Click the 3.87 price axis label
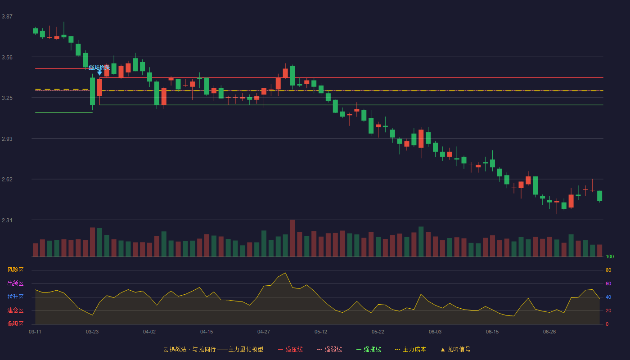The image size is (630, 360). pos(7,16)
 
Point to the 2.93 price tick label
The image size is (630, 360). pos(7,139)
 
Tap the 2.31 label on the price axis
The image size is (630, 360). pos(7,220)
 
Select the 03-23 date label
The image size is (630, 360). pos(92,332)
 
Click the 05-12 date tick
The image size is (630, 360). pos(321,332)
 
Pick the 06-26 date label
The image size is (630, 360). pos(549,332)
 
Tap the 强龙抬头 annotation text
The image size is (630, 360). pos(99,67)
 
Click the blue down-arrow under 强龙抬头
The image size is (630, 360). pos(99,73)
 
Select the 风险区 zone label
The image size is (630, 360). pos(15,270)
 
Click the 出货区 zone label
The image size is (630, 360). pos(15,283)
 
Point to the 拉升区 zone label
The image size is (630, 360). pos(15,297)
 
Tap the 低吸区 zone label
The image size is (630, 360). pos(15,324)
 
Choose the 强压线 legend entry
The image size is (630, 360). pos(290,349)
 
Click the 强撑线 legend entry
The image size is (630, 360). pos(369,349)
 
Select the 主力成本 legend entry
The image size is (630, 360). pos(410,349)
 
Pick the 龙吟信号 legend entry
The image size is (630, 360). pos(455,349)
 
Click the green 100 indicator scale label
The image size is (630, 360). pos(610,256)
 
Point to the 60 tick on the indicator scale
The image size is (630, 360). pos(608,283)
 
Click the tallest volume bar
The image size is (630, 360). pos(292,238)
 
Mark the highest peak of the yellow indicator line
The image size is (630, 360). pos(285,273)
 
